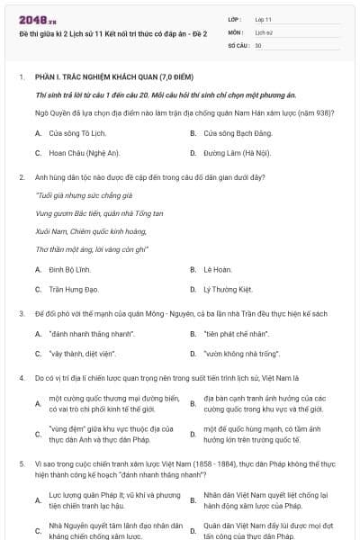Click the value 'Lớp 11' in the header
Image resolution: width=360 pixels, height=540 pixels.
pos(264,18)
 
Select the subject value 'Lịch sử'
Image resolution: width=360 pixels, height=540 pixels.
pos(264,31)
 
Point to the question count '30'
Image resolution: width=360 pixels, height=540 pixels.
pos(258,44)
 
